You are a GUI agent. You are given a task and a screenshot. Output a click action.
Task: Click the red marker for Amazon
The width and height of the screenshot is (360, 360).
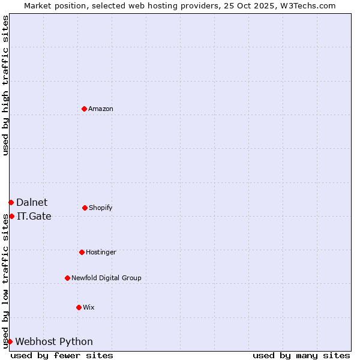(x=84, y=109)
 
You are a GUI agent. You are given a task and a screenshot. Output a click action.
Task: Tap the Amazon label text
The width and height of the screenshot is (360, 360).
(x=101, y=109)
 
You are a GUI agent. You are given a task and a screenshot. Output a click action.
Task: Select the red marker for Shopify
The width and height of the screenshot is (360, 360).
(x=85, y=208)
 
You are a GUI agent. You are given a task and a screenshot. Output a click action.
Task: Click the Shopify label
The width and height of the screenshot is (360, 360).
(x=100, y=208)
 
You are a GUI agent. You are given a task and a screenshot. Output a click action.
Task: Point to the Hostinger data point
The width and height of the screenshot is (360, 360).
(x=82, y=252)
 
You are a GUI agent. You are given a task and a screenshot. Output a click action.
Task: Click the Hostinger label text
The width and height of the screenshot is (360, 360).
(x=101, y=253)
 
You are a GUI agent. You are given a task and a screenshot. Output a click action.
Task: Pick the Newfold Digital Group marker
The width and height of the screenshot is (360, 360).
(x=67, y=278)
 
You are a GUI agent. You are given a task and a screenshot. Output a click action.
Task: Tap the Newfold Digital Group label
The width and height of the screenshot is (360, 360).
(x=106, y=278)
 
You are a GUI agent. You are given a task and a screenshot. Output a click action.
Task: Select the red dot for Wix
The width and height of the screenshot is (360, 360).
(x=79, y=307)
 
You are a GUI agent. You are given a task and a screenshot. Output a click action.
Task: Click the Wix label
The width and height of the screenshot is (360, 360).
(x=89, y=308)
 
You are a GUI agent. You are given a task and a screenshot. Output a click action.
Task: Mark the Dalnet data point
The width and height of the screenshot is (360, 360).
(x=11, y=202)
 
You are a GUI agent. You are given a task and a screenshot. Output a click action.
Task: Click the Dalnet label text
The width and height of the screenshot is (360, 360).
(x=32, y=203)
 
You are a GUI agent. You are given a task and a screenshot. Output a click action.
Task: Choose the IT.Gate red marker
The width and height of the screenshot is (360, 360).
(x=11, y=216)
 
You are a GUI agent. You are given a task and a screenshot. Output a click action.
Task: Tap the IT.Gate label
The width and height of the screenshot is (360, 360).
(x=34, y=217)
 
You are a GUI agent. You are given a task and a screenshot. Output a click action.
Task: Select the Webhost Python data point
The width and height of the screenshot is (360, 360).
(x=10, y=341)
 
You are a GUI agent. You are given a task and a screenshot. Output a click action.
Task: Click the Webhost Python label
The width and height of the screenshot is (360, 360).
(x=54, y=342)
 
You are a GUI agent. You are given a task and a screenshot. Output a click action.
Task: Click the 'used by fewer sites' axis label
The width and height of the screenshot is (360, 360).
(x=62, y=355)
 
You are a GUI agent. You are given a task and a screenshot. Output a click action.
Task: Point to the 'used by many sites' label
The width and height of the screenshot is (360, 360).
(x=301, y=355)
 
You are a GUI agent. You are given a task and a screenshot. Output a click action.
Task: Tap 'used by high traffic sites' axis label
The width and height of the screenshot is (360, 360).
(x=5, y=85)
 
